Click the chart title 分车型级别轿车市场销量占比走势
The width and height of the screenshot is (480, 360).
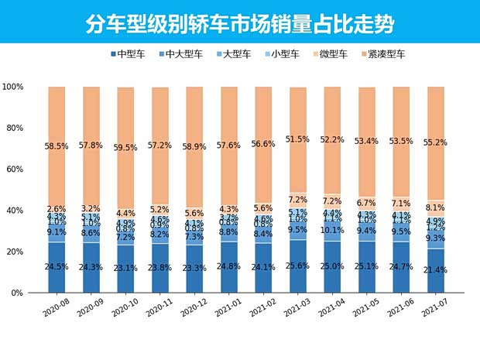239,23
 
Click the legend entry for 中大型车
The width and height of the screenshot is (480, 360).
182,54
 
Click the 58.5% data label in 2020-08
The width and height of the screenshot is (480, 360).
57,145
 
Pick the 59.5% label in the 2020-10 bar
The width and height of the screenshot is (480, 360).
126,147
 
